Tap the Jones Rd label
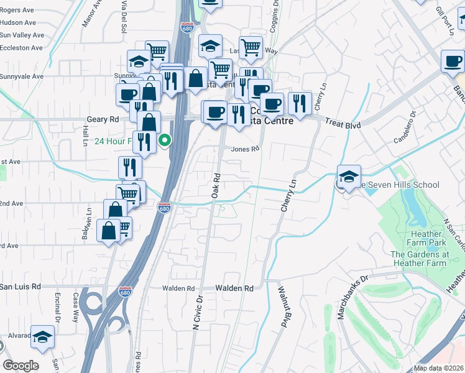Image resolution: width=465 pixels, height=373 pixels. point(244,149)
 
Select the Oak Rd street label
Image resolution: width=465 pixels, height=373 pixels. point(216,185)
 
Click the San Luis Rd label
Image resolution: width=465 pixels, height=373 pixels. point(21,287)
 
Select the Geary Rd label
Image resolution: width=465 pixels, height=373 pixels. point(103,119)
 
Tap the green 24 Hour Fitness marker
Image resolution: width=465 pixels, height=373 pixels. point(164,140)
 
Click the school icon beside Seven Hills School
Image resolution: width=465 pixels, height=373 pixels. point(349,175)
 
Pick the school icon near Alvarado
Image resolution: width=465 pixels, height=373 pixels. point(42,337)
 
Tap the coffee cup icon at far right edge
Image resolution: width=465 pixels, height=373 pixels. point(453,61)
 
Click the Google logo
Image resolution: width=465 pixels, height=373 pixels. point(21,366)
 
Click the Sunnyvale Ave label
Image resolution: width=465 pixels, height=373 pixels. point(22,76)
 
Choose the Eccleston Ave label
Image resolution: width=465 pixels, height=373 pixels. point(22,48)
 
